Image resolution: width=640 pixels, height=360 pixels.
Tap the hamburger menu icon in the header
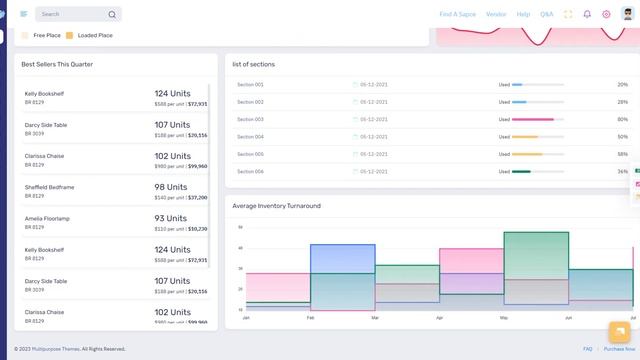(23, 14)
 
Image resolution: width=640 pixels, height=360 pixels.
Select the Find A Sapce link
(457, 14)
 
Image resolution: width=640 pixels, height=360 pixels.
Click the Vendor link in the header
(496, 14)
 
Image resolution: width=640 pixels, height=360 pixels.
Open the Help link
(523, 14)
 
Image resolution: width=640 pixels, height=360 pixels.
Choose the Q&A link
(547, 14)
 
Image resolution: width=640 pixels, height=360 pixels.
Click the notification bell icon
(587, 14)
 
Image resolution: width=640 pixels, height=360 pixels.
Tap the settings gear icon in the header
(606, 14)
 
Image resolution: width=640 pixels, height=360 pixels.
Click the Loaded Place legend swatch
(70, 35)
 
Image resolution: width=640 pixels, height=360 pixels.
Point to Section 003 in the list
(250, 119)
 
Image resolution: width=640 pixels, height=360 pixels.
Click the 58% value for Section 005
(622, 154)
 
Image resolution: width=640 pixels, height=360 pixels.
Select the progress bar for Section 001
(537, 85)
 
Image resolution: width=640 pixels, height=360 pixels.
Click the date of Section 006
(373, 171)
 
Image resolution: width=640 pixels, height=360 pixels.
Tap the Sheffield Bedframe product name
(49, 187)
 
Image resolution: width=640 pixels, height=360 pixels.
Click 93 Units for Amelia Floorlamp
(172, 218)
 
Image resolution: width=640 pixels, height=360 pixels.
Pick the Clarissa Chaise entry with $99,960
(46, 156)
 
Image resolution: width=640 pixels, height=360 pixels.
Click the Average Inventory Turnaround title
(276, 206)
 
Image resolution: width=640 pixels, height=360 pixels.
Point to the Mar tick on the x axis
(375, 317)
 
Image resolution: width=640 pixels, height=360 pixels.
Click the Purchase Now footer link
(619, 349)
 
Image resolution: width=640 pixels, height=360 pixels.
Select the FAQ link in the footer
(588, 349)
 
